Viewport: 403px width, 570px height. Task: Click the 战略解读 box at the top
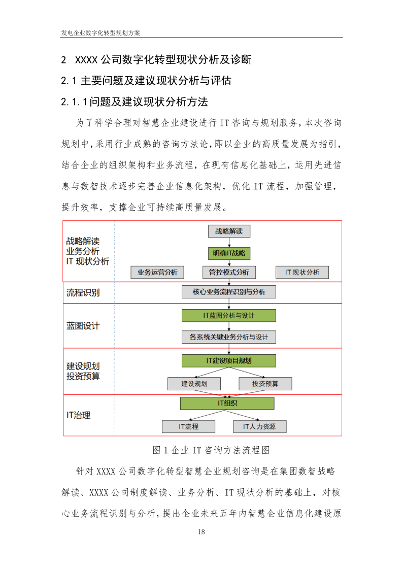pos(229,231)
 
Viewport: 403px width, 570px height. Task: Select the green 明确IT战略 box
pos(229,253)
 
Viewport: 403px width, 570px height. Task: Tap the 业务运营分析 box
pos(157,273)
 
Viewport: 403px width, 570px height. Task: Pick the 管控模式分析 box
pos(229,273)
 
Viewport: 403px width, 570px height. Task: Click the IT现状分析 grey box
pos(302,273)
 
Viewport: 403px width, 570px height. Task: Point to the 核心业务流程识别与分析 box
pos(228,292)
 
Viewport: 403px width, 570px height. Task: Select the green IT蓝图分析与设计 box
pos(228,316)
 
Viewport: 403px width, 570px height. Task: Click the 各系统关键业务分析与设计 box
pos(228,337)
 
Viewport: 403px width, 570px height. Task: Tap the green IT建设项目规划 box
pos(228,361)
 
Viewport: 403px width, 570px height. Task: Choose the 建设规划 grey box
pos(194,384)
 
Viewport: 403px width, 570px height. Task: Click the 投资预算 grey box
pos(265,384)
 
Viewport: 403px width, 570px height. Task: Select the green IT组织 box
pos(227,403)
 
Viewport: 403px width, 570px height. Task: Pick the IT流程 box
pos(188,426)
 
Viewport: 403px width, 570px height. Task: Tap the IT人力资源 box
pos(259,426)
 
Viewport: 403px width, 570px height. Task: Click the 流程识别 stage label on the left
pos(83,293)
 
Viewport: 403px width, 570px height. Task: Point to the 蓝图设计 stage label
pos(83,326)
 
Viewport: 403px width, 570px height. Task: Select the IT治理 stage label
pos(79,415)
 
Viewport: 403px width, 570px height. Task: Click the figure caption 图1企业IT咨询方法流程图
pos(210,450)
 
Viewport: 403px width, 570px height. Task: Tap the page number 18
pos(201,532)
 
